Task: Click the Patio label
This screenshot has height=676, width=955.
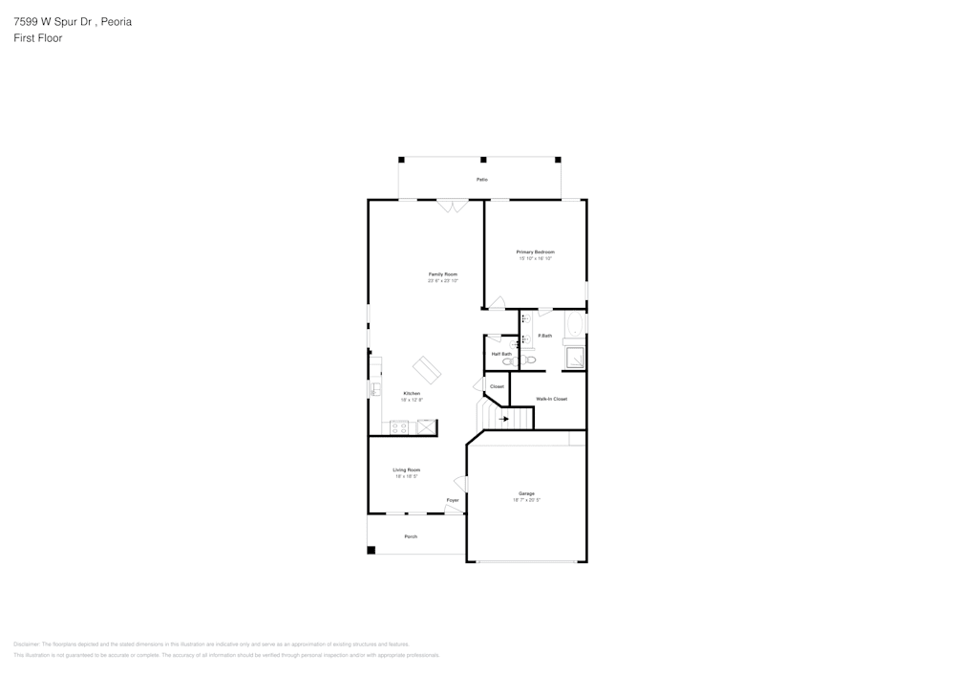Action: pos(482,180)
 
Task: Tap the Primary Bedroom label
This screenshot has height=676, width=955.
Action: pos(536,251)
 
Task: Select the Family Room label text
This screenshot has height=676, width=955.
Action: pos(442,274)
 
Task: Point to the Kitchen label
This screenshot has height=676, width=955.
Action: pos(412,393)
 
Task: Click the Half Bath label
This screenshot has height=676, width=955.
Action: pos(501,354)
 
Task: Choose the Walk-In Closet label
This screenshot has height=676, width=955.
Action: pos(551,399)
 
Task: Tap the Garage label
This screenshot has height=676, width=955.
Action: pos(526,493)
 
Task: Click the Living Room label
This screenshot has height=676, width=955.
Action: pos(407,469)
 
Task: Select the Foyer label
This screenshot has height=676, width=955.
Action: pos(453,500)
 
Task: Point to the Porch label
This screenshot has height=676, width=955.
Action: pos(411,536)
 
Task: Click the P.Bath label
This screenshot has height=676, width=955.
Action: pos(545,336)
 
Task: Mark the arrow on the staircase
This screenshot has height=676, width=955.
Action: pos(504,419)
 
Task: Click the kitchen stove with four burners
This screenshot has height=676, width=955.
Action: pos(399,427)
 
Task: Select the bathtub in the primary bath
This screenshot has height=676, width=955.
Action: pos(574,327)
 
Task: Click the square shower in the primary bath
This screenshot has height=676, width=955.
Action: pos(575,358)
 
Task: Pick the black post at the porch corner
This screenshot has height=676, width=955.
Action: pos(371,550)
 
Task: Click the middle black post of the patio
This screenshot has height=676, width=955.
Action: pos(483,160)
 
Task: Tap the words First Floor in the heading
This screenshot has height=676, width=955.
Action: pos(38,38)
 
